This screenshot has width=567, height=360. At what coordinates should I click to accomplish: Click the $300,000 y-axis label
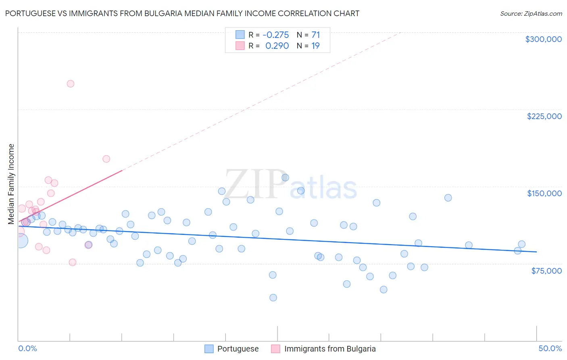[x=543, y=39]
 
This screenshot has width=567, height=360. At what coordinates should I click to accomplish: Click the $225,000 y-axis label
[x=544, y=116]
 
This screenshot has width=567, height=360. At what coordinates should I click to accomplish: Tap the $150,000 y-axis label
[x=544, y=193]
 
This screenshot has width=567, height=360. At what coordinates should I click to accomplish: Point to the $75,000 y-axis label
[x=546, y=271]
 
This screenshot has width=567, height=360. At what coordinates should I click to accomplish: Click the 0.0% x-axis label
[x=28, y=348]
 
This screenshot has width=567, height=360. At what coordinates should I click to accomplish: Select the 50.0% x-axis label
[x=550, y=348]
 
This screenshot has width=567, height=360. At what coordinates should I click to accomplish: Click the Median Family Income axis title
[x=11, y=184]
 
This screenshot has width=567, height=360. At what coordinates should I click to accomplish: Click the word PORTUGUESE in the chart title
[x=30, y=13]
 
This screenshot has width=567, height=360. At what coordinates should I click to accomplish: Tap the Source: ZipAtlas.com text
[x=531, y=13]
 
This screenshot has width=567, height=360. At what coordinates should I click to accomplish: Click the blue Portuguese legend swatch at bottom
[x=209, y=349]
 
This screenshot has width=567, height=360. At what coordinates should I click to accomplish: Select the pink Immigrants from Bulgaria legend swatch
[x=275, y=349]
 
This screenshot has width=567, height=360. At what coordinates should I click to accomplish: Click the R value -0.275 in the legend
[x=275, y=35]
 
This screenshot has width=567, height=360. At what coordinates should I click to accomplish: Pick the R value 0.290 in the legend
[x=277, y=46]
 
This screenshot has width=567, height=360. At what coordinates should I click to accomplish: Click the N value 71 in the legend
[x=315, y=35]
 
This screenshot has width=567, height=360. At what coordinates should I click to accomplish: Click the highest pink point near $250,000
[x=71, y=84]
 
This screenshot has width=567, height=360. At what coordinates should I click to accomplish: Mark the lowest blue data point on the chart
[x=273, y=297]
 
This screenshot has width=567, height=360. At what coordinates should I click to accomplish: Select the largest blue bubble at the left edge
[x=21, y=241]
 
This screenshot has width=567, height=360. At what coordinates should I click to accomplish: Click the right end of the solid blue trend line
[x=536, y=252]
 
